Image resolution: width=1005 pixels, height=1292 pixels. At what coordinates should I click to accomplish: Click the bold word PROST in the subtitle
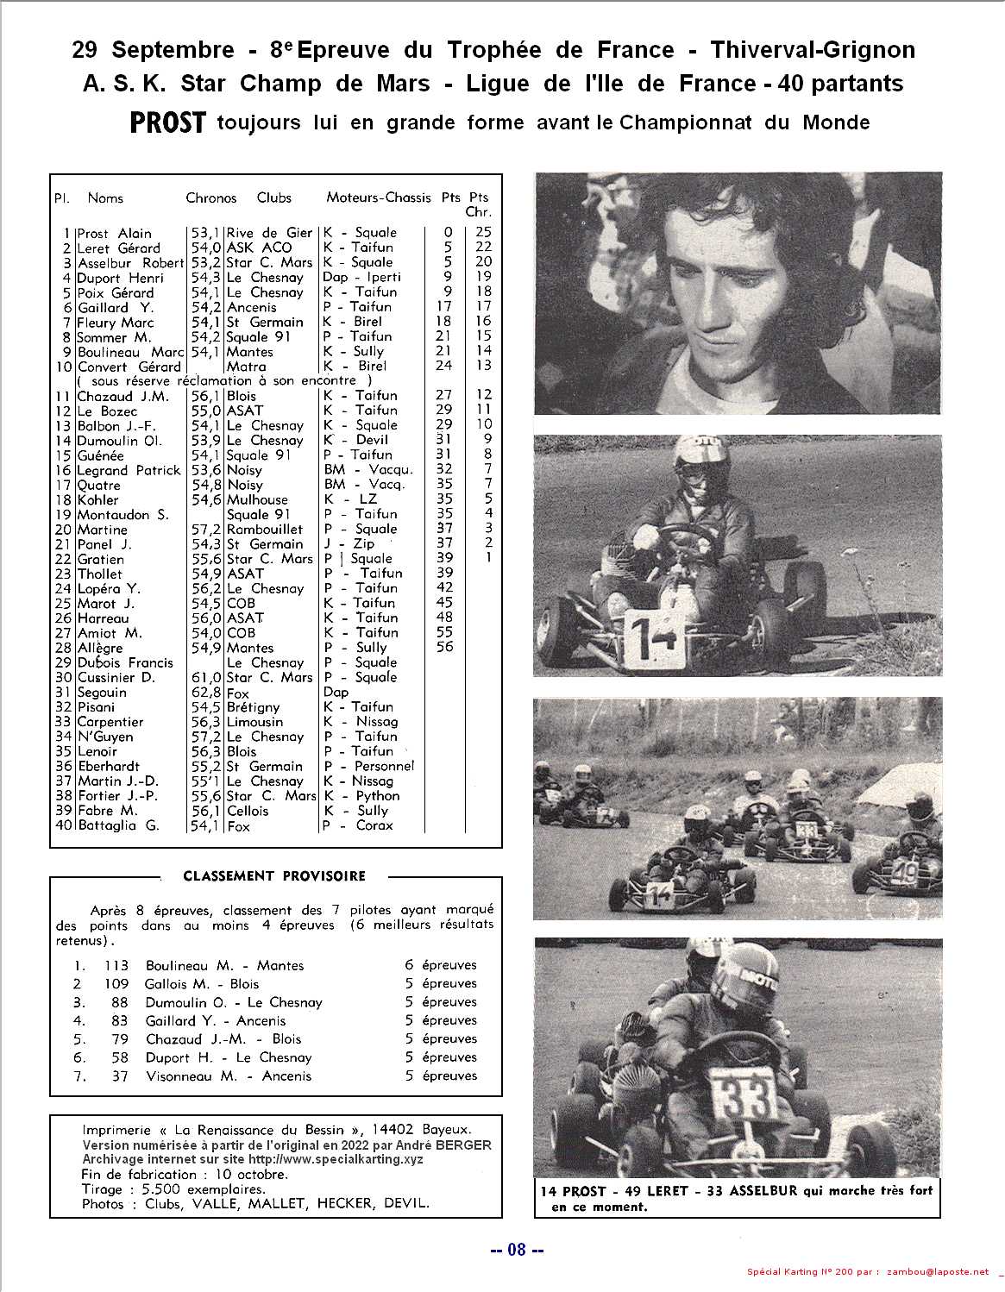[x=167, y=123]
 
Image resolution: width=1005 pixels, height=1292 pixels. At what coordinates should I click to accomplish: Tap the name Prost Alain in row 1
[x=114, y=233]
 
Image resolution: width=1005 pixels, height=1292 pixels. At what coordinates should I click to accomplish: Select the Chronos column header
[x=210, y=198]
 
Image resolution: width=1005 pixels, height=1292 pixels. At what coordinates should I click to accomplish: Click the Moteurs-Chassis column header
[x=378, y=198]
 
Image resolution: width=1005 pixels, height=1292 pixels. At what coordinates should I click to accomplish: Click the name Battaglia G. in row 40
[x=118, y=825]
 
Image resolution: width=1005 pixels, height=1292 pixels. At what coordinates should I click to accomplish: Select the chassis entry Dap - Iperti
[x=361, y=278]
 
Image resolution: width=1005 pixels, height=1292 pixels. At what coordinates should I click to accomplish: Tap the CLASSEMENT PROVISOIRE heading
[x=274, y=876]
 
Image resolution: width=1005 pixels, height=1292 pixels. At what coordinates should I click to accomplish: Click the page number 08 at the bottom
[x=517, y=1251]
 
